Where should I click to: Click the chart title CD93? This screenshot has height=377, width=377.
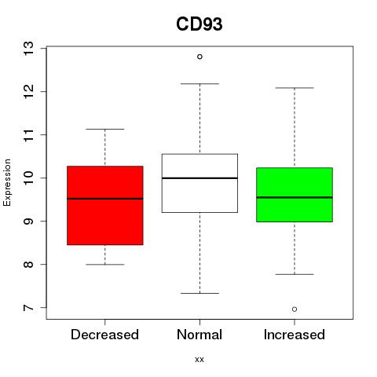click(199, 24)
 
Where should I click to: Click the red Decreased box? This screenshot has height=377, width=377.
click(105, 206)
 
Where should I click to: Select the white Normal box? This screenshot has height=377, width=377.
click(199, 183)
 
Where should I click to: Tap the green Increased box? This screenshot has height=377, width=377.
click(295, 195)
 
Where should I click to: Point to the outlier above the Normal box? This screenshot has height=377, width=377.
click(199, 57)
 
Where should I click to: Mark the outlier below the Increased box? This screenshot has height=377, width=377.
click(295, 309)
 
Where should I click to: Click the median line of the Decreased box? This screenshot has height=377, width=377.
click(105, 199)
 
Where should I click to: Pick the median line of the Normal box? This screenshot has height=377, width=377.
click(199, 178)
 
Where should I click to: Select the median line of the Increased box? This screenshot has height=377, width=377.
click(295, 197)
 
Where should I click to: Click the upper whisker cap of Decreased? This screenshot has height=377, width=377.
click(105, 129)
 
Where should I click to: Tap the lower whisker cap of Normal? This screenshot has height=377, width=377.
click(199, 293)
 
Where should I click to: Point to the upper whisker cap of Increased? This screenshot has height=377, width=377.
click(295, 88)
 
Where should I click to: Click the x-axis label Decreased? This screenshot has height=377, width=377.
click(104, 335)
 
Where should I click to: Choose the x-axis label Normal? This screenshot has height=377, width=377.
click(199, 335)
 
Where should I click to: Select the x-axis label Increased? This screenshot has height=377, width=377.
click(295, 335)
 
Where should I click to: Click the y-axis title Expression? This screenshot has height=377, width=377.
click(7, 182)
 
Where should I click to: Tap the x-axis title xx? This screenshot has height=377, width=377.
click(199, 360)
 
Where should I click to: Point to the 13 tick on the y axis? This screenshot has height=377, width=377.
click(43, 49)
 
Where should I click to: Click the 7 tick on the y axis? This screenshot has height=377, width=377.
click(43, 308)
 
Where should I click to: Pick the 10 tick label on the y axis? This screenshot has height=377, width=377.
click(28, 178)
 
